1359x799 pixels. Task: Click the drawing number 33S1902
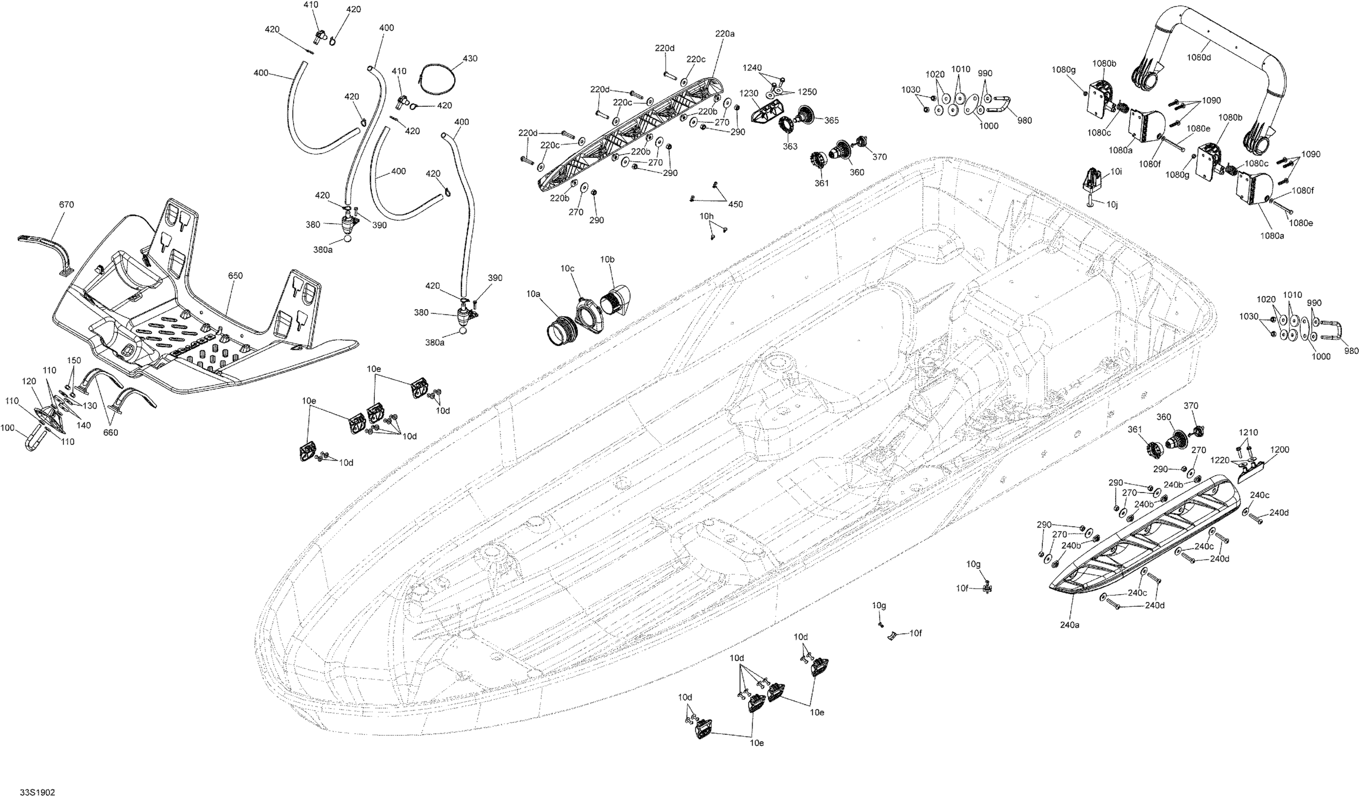click(37, 792)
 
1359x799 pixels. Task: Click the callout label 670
click(66, 205)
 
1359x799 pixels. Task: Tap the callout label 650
click(235, 276)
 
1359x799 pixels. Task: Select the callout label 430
click(470, 58)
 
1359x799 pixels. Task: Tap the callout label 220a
click(725, 33)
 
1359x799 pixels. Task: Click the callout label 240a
click(1070, 625)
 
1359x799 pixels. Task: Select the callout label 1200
click(1280, 450)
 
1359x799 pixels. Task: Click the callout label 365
click(831, 121)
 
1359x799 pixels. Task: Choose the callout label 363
click(790, 146)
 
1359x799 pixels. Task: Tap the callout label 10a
click(533, 294)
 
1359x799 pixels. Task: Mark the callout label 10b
click(607, 259)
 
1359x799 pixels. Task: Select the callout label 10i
click(1116, 172)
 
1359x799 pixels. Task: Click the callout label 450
click(736, 204)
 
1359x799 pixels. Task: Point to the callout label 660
click(110, 433)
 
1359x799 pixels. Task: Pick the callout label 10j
click(1112, 205)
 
